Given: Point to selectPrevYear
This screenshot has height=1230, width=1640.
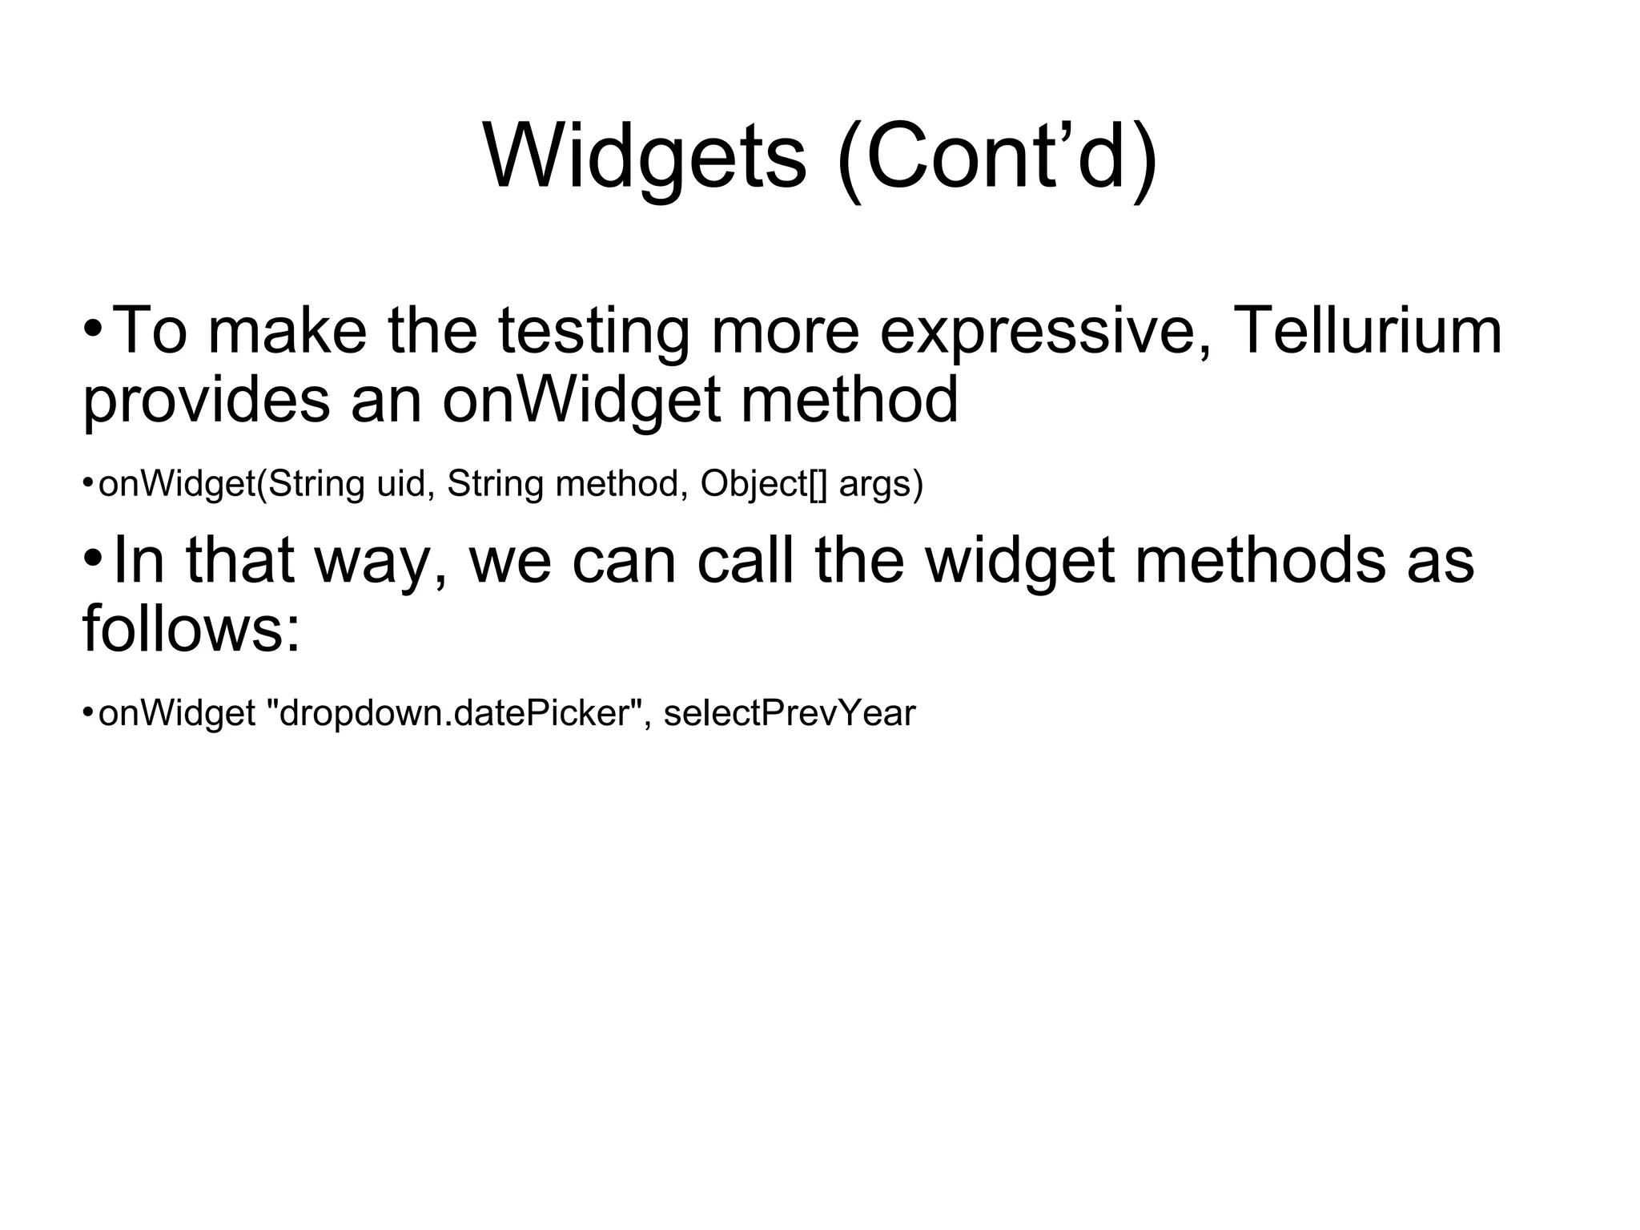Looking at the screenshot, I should [789, 713].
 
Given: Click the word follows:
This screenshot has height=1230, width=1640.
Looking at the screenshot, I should [191, 628].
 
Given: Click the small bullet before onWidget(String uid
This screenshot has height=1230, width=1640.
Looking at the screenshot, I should [87, 483].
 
